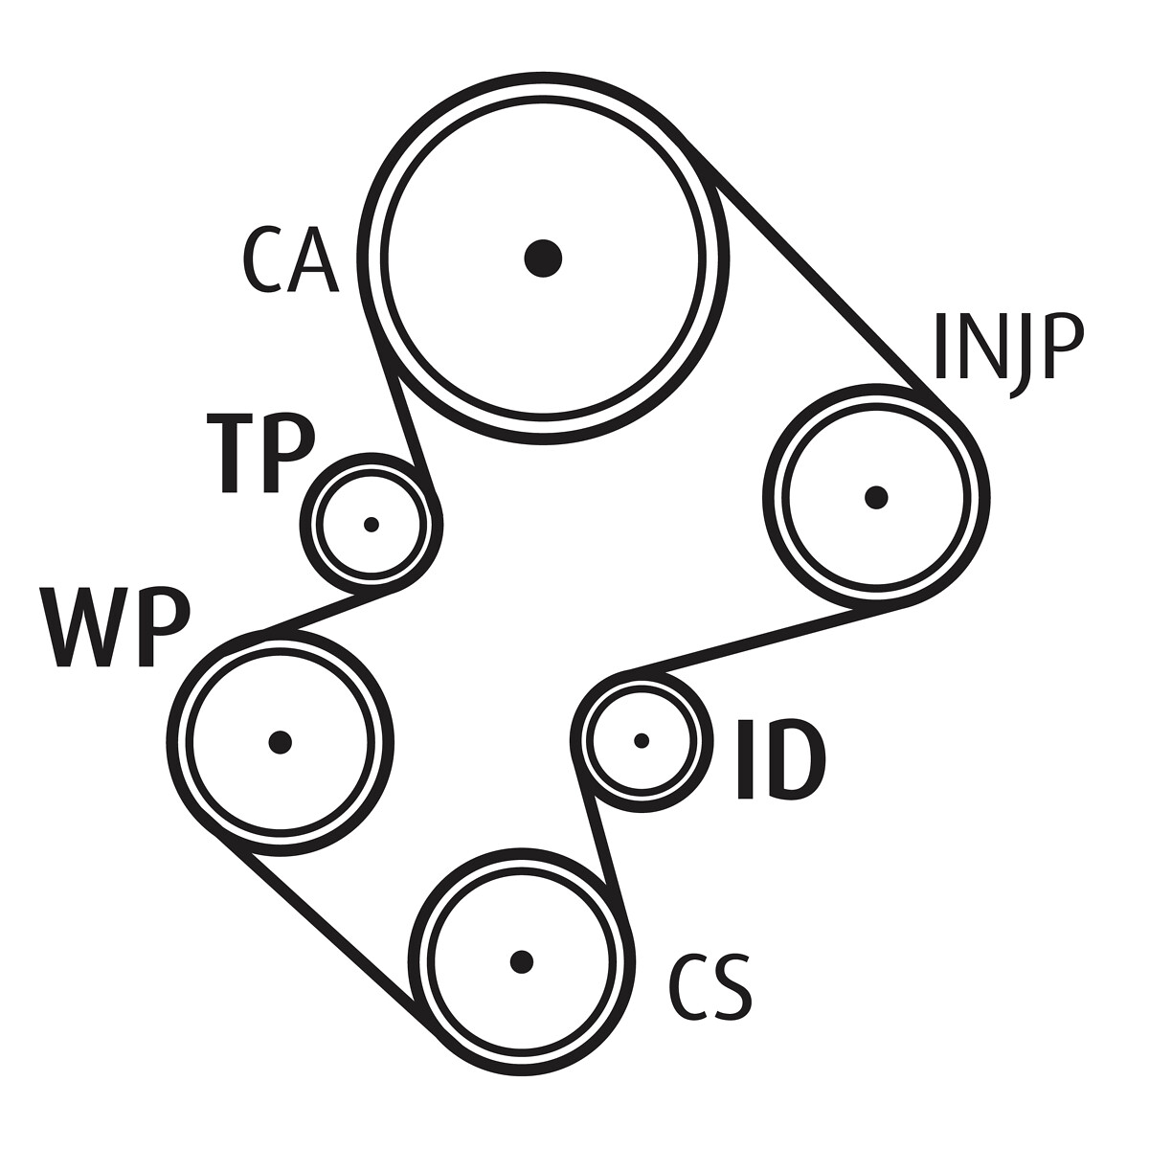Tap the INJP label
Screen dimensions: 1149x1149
click(1007, 346)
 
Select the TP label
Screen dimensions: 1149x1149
click(261, 454)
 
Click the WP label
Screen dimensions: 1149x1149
click(115, 627)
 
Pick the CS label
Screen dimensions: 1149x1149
click(710, 986)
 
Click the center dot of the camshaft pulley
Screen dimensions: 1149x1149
click(543, 257)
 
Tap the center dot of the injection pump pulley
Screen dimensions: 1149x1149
click(876, 497)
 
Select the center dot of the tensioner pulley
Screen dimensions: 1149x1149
click(372, 525)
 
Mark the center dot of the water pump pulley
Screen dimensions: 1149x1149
click(280, 741)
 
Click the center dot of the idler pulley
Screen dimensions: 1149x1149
click(642, 740)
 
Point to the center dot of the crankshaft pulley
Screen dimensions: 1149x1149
click(521, 960)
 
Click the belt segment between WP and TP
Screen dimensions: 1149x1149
click(326, 613)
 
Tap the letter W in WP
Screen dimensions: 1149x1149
click(80, 627)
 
